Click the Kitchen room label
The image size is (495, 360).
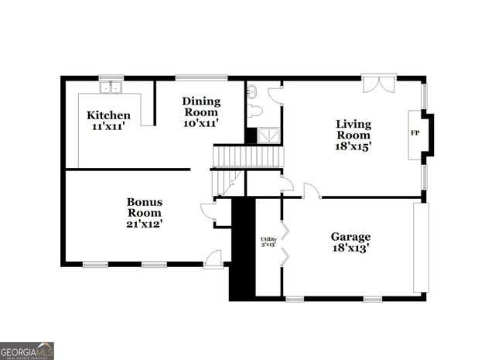coord(108,116)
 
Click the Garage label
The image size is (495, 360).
coord(350,237)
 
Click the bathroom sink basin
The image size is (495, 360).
coord(252,91)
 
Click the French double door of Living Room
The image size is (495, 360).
coord(378,84)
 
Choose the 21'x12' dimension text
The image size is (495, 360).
coord(145,224)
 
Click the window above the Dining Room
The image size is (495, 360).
coord(201,77)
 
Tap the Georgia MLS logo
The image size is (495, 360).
coord(27,351)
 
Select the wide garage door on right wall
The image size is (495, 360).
coord(420,248)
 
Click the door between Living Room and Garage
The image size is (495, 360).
coord(311,191)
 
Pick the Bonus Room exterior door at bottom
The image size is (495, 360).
coord(213,259)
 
